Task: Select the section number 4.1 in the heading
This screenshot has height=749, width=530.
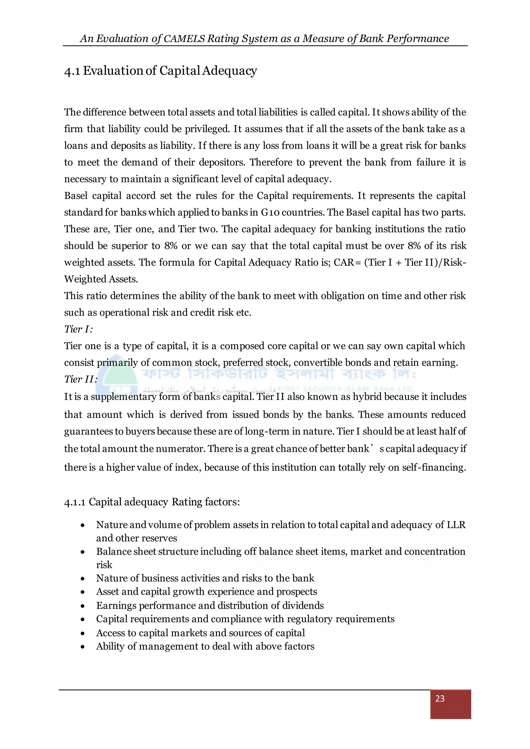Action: pyautogui.click(x=72, y=71)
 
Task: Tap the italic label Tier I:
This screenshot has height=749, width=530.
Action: pyautogui.click(x=78, y=329)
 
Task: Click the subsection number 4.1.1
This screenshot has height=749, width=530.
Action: pyautogui.click(x=75, y=502)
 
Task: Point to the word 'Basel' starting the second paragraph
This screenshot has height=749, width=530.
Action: pyautogui.click(x=76, y=196)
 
